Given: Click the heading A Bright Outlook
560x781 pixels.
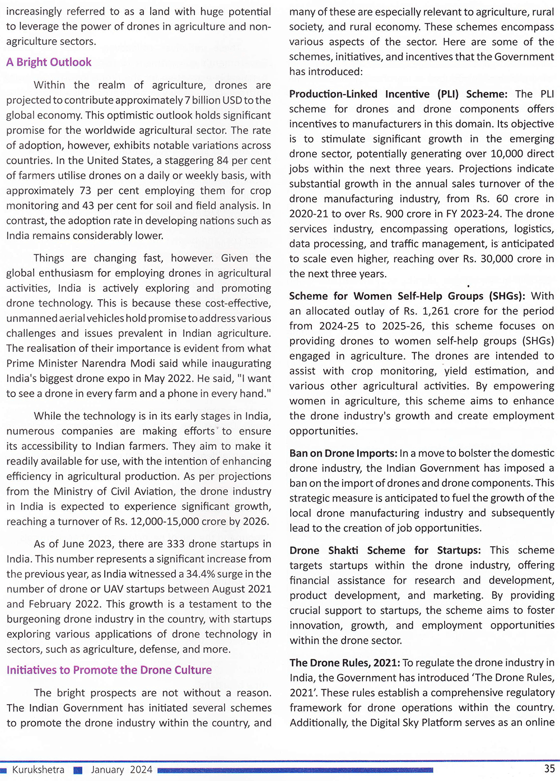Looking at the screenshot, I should coord(49,62).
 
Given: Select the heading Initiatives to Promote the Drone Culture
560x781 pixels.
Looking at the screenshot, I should coord(109,670).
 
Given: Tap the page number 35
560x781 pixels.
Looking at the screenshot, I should coord(549,769).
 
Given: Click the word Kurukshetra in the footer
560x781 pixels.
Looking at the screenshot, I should coord(38,770).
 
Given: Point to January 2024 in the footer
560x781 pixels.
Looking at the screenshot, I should coord(122,770).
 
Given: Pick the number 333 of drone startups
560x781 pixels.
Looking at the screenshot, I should coord(176,544).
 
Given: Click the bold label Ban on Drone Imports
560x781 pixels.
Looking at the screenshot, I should coord(343,453).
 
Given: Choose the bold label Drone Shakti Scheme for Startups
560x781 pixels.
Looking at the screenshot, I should coord(385,551).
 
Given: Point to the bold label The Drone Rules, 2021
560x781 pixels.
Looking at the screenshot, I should coord(344,663).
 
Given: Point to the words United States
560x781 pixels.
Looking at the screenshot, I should coord(104,161).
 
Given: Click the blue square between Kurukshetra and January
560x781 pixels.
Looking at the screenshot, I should coord(78,770).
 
